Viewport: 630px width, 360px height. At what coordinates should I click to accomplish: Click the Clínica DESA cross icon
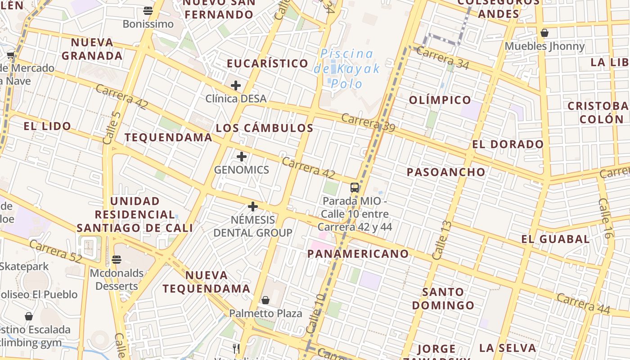[x=235, y=85]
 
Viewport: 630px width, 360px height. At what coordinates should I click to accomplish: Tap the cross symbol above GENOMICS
[x=242, y=157]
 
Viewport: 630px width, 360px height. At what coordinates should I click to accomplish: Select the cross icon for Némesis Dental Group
[x=253, y=207]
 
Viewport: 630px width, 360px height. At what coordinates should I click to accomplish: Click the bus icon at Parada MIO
[x=355, y=188]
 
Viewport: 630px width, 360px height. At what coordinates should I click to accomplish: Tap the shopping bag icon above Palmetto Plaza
[x=265, y=300]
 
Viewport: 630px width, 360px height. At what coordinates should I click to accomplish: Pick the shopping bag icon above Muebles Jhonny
[x=544, y=33]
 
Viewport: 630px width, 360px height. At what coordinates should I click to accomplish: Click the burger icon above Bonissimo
[x=148, y=10]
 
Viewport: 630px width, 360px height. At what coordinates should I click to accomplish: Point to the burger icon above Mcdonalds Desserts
[x=117, y=260]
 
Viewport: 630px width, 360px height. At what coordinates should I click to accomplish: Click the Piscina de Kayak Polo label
[x=346, y=68]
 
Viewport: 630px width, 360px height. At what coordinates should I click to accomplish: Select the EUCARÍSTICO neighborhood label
[x=267, y=63]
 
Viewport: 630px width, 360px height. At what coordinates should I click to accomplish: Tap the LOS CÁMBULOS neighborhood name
[x=265, y=128]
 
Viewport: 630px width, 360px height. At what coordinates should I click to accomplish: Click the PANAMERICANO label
[x=358, y=254]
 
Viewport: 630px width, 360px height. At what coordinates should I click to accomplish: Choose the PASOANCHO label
[x=446, y=172]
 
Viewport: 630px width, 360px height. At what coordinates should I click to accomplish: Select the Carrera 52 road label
[x=56, y=252]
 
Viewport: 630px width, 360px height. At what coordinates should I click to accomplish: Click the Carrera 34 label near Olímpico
[x=442, y=58]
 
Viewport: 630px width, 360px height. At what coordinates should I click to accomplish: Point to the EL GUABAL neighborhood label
[x=555, y=239]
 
